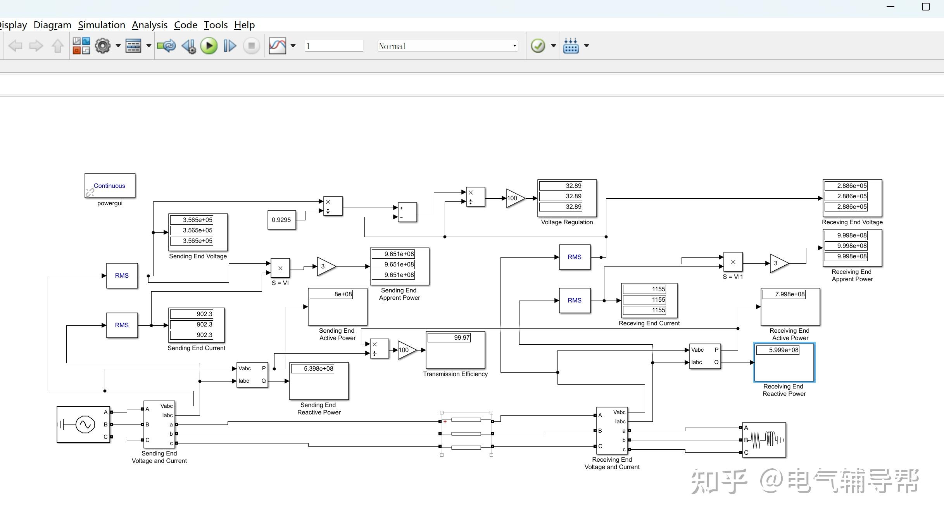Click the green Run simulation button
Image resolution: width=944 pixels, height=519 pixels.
209,46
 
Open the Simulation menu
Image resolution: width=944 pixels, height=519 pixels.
102,25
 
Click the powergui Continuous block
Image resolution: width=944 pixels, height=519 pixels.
110,186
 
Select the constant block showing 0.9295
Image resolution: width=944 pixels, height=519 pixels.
281,220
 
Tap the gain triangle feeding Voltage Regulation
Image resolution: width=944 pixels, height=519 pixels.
514,198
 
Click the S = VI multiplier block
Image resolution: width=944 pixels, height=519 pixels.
280,268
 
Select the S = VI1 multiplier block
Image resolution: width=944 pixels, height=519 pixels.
733,262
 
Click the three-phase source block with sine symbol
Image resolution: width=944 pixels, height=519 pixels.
83,424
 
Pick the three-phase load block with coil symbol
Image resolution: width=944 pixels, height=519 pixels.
764,440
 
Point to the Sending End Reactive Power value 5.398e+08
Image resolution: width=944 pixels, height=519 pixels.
318,369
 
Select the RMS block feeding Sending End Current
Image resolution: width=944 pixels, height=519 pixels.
122,325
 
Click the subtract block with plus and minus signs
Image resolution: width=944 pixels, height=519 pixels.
407,212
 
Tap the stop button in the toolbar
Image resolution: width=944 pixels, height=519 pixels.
251,46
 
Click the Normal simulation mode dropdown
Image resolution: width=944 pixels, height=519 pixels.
447,46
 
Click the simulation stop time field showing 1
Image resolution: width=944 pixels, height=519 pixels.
334,46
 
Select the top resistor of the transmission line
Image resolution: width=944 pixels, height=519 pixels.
466,420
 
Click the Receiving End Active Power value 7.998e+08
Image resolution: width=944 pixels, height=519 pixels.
790,294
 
